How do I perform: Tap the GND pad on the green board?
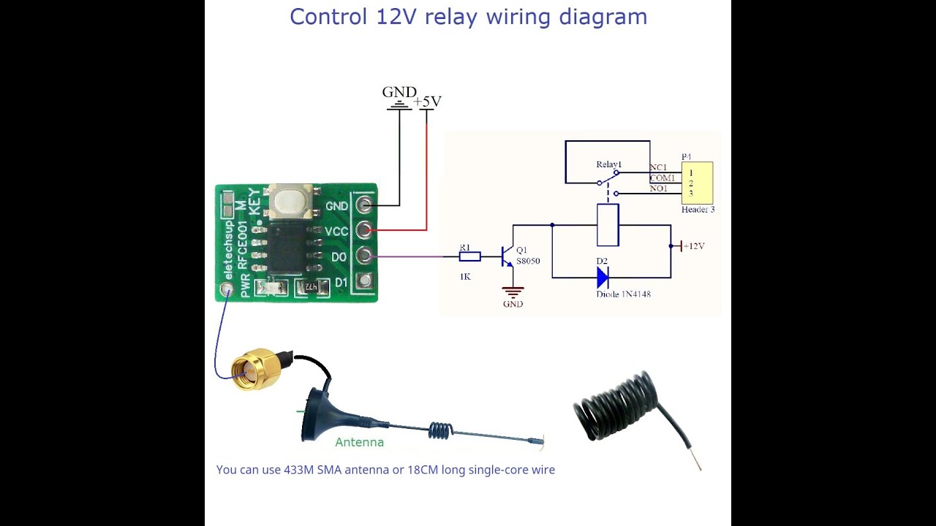[x=364, y=205]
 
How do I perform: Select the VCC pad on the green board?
[x=364, y=231]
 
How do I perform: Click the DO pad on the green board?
[x=364, y=256]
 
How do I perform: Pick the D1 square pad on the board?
[x=364, y=281]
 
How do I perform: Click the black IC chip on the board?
[x=286, y=248]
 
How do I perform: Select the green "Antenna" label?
[x=359, y=442]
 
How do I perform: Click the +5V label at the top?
[x=428, y=102]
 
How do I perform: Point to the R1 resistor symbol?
[x=469, y=256]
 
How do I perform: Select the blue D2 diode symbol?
[x=603, y=278]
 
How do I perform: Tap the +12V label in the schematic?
[x=693, y=246]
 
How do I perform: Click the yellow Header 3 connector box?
[x=696, y=183]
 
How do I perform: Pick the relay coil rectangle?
[x=608, y=225]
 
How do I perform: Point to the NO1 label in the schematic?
[x=658, y=188]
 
